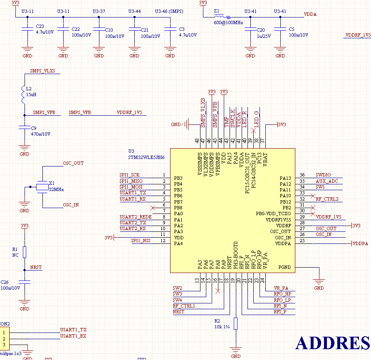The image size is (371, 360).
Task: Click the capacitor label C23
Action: click(x=40, y=26)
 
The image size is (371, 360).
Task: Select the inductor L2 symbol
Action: click(x=24, y=94)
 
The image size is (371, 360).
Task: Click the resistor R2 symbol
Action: click(x=235, y=323)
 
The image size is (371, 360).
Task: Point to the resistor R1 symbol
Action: click(x=25, y=252)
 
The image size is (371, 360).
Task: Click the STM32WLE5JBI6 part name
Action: click(x=146, y=157)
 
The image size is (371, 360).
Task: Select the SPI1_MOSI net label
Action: click(x=131, y=187)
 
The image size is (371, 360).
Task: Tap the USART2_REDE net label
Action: click(x=135, y=217)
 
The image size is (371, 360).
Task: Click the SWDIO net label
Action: click(x=323, y=175)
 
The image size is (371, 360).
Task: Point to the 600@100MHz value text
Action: click(x=228, y=23)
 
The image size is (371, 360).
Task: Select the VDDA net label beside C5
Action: click(x=310, y=14)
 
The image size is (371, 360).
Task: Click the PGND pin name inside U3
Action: click(x=284, y=267)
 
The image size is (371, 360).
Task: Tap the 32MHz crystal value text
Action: click(x=56, y=189)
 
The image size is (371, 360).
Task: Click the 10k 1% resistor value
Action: click(x=222, y=327)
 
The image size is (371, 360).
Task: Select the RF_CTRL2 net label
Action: click(x=327, y=199)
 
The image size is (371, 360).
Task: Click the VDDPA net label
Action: click(x=361, y=243)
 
